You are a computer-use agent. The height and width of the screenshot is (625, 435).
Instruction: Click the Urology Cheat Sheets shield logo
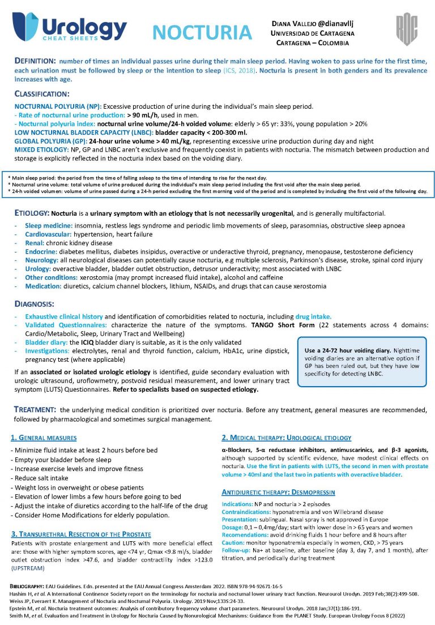coord(25,28)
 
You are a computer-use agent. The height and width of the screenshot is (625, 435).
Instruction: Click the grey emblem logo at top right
coord(406,30)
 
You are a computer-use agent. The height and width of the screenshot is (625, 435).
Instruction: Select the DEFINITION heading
coord(35,61)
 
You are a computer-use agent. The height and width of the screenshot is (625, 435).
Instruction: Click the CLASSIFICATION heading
coord(42,93)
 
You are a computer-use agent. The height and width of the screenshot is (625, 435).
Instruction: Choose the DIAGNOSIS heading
coord(35,304)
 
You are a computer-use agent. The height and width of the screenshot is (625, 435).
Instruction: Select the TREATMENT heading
coord(35,409)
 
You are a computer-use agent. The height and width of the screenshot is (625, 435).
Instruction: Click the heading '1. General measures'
coord(44,438)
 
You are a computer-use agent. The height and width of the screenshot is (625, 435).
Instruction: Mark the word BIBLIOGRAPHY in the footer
coord(28,586)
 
